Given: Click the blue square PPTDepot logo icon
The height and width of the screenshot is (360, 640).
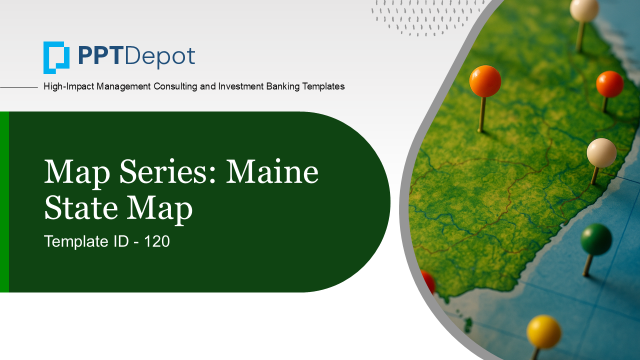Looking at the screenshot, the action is pos(56,57).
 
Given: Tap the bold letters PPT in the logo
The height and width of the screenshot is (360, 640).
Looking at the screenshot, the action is pos(99,56).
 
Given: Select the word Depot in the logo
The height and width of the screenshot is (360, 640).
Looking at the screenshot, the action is pos(160,57).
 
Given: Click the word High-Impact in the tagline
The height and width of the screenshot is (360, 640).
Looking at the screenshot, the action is pos(68,86).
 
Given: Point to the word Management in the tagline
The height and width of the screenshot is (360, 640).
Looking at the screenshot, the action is pos(123,86).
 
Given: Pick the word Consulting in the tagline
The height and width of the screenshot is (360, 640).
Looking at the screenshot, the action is pos(175,86).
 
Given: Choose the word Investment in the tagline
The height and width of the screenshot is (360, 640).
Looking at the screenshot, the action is pos(240,86).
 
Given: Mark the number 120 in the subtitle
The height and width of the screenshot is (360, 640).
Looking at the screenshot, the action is pos(157,241).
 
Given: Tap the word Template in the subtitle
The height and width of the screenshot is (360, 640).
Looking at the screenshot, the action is pos(76,241).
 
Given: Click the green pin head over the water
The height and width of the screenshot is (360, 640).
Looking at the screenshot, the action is pos(596,239).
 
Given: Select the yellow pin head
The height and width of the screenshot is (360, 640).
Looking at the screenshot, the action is pos(543,331).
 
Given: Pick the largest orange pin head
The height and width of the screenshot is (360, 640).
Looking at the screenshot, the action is pos(485,81).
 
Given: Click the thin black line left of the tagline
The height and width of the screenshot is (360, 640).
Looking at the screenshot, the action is pos(19,87).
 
